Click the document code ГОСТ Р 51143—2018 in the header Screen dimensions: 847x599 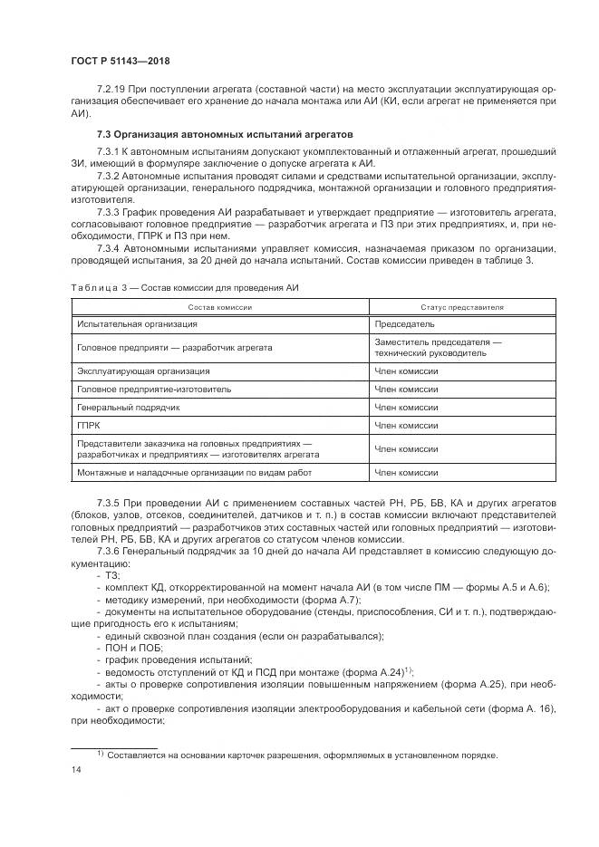coord(120,62)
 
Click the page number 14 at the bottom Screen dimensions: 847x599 coord(76,769)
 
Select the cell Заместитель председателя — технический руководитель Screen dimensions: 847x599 coord(437,347)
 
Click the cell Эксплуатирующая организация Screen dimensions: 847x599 coord(143,371)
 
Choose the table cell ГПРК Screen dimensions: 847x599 coord(89,425)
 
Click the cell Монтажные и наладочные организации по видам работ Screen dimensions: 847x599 coord(180,472)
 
